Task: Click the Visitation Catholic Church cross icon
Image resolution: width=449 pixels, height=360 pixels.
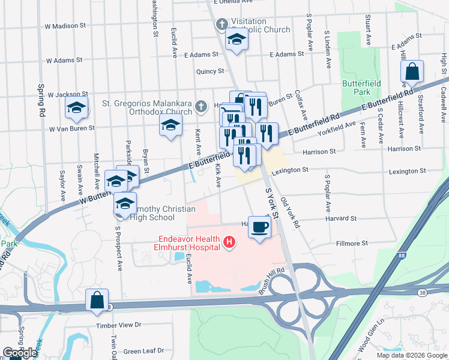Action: pos(221,25)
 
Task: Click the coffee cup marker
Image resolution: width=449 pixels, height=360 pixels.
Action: pos(259,227)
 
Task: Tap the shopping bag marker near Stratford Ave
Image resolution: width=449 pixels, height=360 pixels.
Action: pos(412,72)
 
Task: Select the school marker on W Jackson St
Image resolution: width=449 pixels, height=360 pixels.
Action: pos(77,108)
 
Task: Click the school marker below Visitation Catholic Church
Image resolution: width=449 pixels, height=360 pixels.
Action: pos(237,40)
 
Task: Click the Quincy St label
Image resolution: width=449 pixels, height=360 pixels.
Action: pos(209,71)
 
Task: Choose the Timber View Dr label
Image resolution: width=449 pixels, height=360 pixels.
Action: pos(118,325)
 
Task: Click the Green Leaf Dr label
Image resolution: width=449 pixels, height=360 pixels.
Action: pos(143,352)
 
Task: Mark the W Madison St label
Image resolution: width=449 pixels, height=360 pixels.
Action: pos(70,26)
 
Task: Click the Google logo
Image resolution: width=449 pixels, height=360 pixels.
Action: pos(20,353)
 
